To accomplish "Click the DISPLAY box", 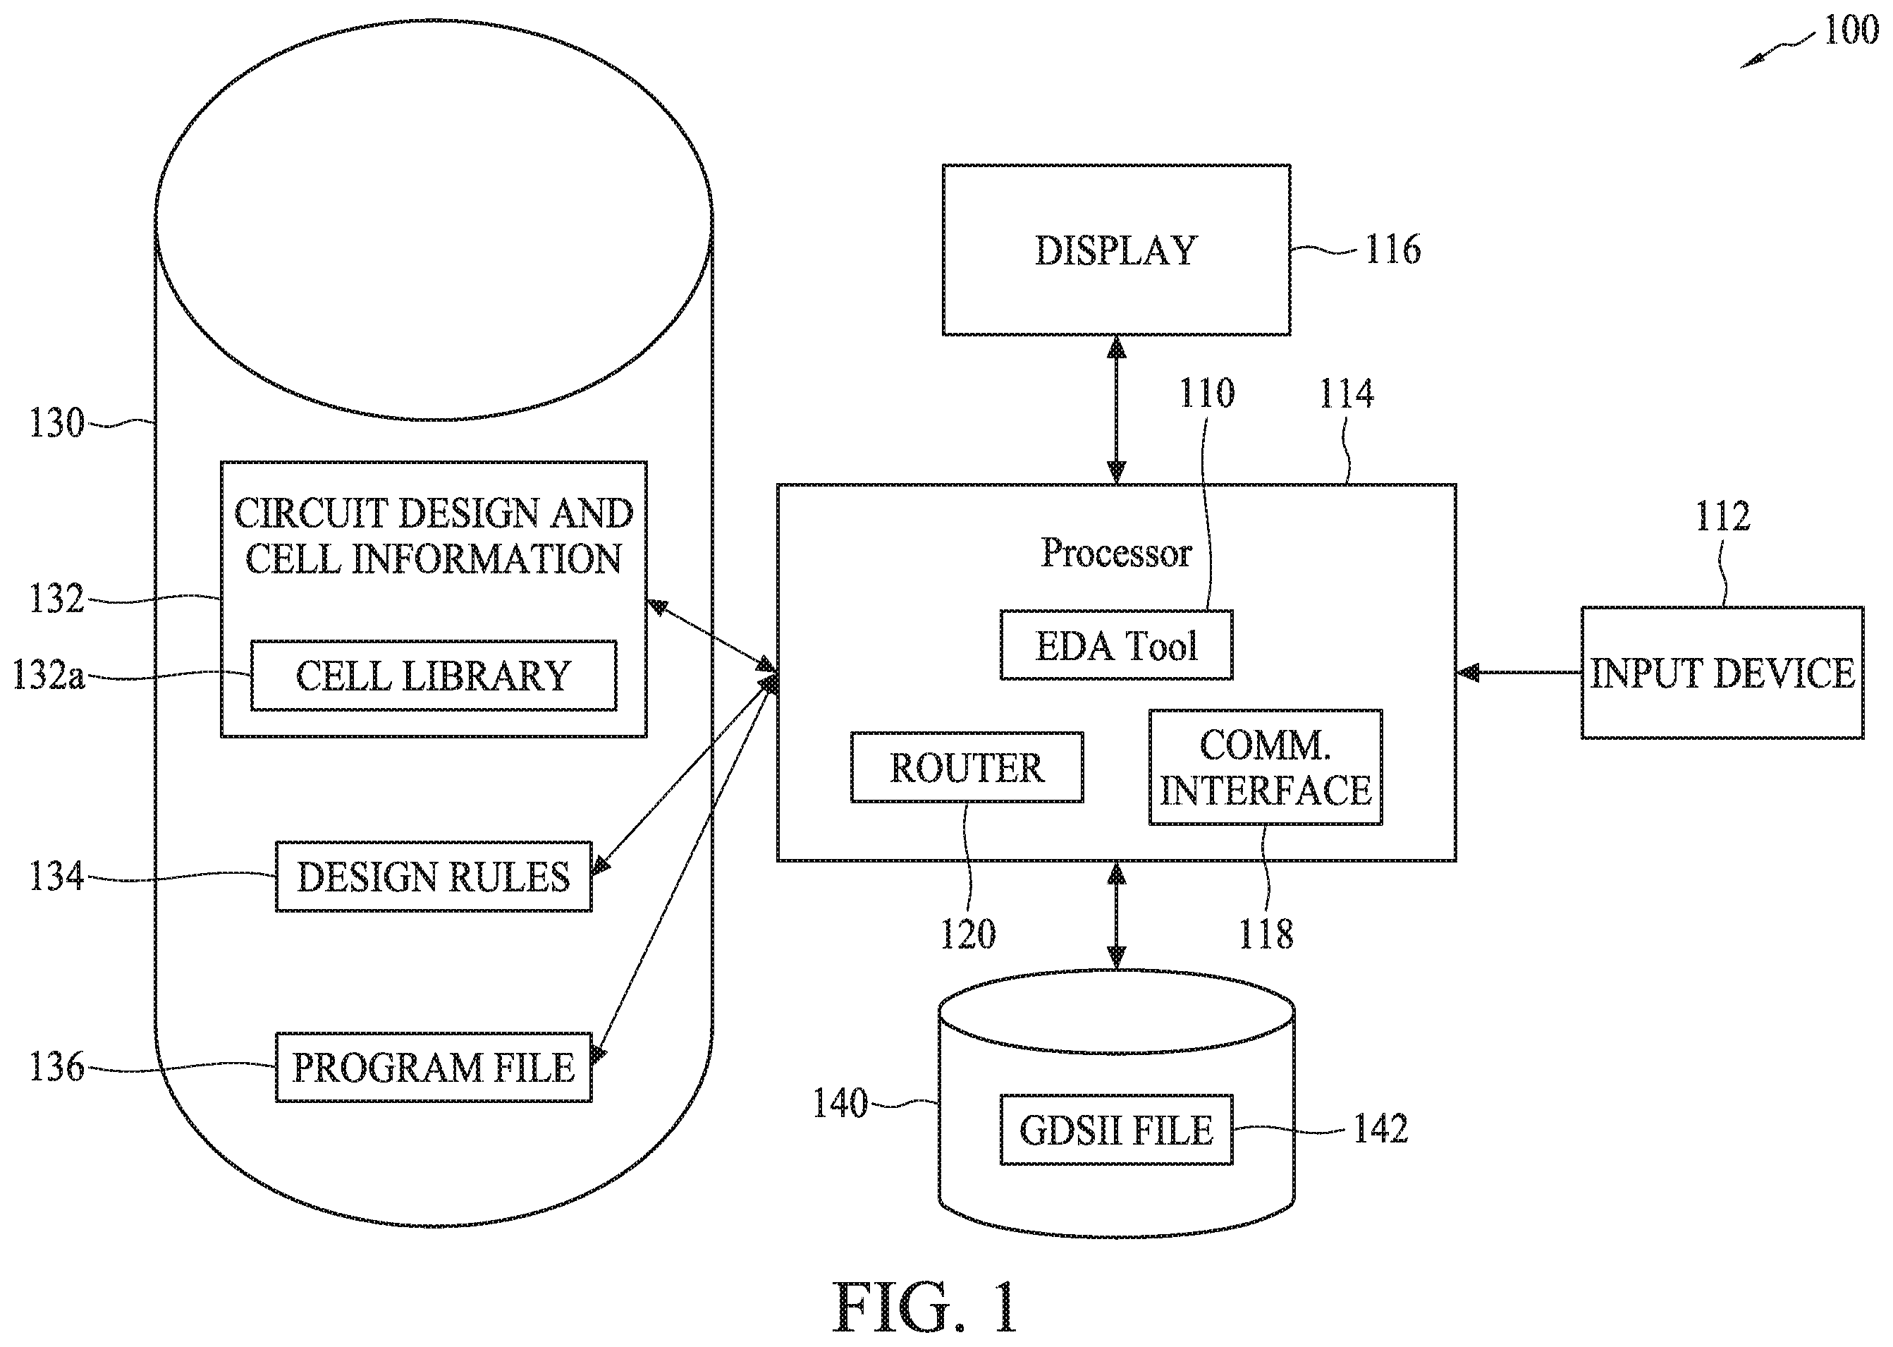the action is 1116,250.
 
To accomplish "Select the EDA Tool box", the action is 1116,645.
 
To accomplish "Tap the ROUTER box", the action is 967,767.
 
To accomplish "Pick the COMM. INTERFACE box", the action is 1266,767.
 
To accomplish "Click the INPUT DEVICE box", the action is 1722,673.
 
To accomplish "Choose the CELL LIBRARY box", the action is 434,675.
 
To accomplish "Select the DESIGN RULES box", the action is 434,877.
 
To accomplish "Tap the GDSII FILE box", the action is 1116,1130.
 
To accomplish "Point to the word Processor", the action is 1116,552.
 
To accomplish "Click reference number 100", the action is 1851,31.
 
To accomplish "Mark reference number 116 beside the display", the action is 1393,250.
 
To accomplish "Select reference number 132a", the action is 48,675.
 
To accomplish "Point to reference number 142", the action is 1380,1129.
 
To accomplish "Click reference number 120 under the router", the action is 967,934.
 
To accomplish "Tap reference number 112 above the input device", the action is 1723,517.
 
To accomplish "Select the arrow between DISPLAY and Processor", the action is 1116,410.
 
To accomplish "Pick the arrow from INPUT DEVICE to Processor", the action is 1518,673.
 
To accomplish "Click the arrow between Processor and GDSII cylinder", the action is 1116,915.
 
